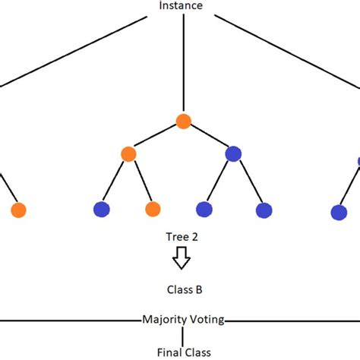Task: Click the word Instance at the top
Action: [180, 5]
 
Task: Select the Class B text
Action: [182, 289]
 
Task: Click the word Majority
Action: [163, 320]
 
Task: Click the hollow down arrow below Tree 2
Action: [181, 258]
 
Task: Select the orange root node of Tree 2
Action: [182, 121]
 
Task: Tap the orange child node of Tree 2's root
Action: [128, 154]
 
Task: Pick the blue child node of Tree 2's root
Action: [233, 153]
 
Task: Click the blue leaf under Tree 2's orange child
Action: [100, 209]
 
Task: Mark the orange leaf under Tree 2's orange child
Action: [153, 209]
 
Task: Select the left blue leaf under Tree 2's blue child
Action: [204, 209]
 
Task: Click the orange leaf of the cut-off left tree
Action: [19, 209]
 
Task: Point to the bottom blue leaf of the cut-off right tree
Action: [339, 212]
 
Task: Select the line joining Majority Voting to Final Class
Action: [182, 335]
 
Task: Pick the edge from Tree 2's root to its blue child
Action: [208, 137]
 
